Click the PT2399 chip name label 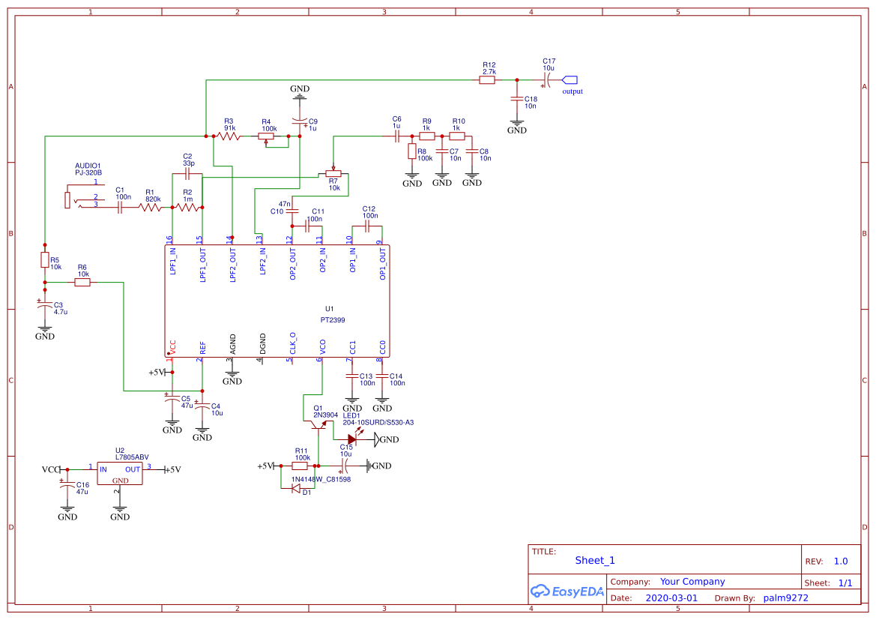click(332, 319)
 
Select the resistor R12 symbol click(487, 79)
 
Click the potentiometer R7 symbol click(333, 173)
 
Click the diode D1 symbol click(295, 489)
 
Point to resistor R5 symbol click(45, 260)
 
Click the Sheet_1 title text click(595, 560)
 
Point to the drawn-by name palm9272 click(785, 598)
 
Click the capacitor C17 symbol click(549, 79)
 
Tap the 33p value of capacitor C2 click(188, 163)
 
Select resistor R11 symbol click(300, 466)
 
